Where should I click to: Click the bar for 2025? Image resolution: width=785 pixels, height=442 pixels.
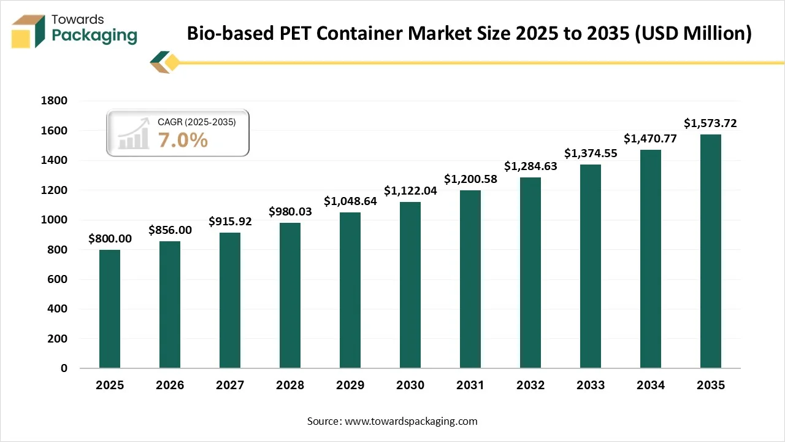[110, 309]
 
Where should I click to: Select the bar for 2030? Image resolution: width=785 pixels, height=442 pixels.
[410, 285]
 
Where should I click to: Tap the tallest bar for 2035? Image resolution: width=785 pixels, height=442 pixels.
[711, 251]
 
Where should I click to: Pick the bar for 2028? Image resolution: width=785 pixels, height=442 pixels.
[290, 295]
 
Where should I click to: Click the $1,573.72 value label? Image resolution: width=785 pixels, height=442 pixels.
[711, 123]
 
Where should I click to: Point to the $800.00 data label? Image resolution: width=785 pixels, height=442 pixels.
[110, 238]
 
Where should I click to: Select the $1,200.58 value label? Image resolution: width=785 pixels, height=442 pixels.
[470, 179]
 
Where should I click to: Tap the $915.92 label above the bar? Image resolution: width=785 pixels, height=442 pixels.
[230, 221]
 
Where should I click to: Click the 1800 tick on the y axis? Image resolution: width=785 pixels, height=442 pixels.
[55, 101]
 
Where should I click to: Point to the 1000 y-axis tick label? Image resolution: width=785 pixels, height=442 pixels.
[55, 220]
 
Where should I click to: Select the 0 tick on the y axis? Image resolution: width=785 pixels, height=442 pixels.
[64, 368]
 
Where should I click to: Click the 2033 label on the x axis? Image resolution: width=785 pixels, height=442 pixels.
[591, 386]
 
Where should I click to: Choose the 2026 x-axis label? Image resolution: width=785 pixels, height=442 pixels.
[170, 386]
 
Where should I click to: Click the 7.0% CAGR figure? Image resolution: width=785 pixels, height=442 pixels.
[183, 141]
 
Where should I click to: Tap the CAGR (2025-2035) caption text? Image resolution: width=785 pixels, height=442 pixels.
[196, 122]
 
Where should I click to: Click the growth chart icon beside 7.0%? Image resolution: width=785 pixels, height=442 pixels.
[134, 133]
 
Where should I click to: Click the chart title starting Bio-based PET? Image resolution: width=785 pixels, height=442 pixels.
[469, 33]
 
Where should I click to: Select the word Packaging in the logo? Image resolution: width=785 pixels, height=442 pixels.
[94, 36]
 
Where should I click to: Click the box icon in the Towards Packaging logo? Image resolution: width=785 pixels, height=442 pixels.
[28, 30]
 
